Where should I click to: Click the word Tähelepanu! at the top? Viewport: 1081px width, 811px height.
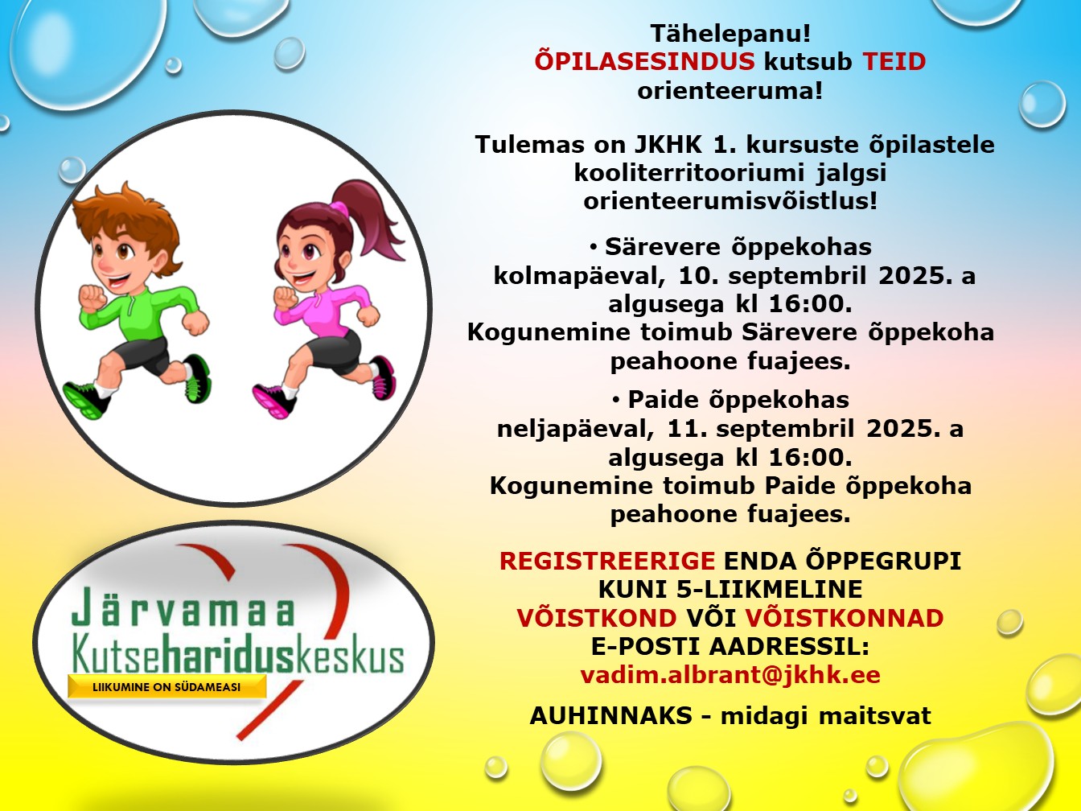730,35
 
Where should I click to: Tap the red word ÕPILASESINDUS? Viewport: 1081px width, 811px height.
645,62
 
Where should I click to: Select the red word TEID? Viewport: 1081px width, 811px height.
894,63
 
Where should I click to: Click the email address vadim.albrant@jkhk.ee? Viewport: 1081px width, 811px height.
730,674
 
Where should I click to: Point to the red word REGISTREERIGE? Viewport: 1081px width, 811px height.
607,561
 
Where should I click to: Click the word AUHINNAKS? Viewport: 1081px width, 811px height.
611,715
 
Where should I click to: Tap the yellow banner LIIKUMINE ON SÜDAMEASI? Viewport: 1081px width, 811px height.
167,686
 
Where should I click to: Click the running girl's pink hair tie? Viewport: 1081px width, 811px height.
339,208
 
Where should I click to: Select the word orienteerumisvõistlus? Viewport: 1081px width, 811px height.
730,201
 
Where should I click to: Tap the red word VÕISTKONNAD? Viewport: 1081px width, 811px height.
844,618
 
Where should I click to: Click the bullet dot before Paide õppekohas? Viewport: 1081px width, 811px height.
615,401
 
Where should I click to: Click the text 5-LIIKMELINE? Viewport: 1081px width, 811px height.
770,590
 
